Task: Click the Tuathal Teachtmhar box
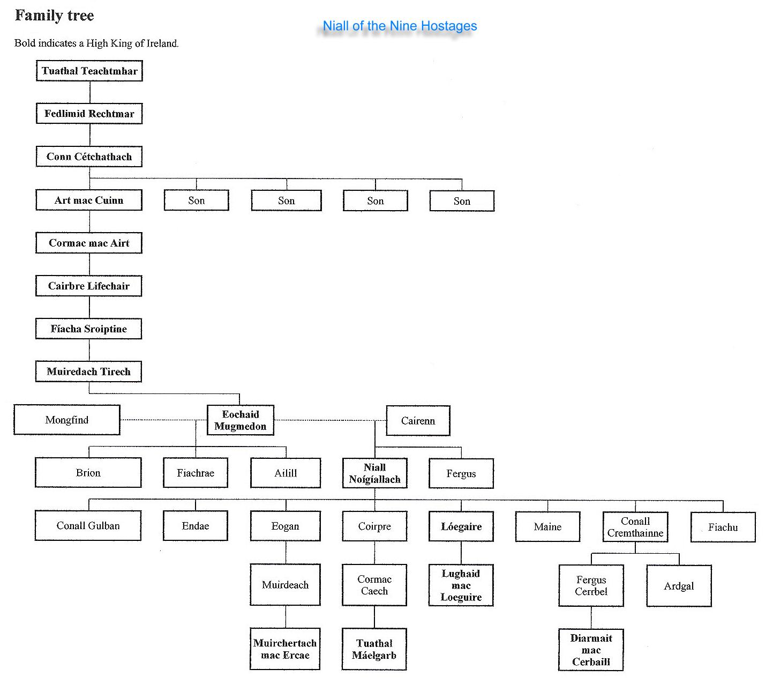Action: (89, 71)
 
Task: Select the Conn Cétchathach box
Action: (89, 157)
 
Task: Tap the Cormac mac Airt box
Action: (89, 243)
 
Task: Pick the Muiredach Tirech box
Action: (88, 371)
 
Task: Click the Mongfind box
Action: (67, 420)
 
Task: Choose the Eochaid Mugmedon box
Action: (241, 420)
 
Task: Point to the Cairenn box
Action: (418, 420)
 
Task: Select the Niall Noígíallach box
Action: (374, 473)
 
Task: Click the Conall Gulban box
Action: (88, 525)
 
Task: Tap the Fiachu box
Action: (723, 527)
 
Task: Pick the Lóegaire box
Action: (461, 526)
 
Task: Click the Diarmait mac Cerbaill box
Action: (591, 650)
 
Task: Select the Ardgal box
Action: (679, 586)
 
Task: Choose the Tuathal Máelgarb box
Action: (374, 649)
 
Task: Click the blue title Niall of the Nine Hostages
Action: (400, 26)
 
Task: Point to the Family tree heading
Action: (54, 16)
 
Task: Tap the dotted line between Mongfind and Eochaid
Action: (164, 420)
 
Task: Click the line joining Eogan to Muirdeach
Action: (286, 552)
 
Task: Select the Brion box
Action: (88, 472)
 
